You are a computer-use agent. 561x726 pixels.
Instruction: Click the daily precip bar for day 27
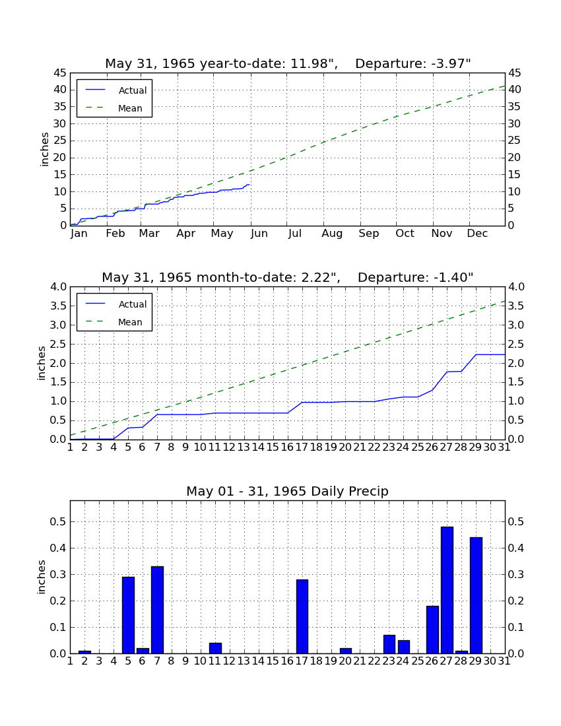[447, 590]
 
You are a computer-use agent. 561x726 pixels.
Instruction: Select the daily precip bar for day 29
[476, 595]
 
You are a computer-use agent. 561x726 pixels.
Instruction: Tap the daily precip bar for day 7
[157, 610]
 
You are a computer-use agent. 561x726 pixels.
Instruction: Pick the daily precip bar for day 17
[302, 616]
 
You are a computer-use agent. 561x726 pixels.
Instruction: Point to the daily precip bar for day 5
[128, 615]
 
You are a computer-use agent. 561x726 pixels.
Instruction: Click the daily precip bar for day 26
[432, 630]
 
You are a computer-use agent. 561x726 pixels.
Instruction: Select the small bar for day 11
[215, 648]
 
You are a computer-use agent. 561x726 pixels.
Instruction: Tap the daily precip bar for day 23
[389, 645]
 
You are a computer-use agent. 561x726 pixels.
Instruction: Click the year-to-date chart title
[288, 63]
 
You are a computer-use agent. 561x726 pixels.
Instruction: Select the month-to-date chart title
[288, 277]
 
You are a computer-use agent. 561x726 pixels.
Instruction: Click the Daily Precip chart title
[288, 491]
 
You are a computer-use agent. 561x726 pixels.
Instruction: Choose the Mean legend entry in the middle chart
[114, 322]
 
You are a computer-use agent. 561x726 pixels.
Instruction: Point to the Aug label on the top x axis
[332, 234]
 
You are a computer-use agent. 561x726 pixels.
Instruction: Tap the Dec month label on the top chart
[477, 234]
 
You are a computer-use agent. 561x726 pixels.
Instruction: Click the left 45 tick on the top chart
[61, 73]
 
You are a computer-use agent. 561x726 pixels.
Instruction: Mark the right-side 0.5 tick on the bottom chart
[515, 522]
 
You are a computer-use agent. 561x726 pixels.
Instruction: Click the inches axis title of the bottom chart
[42, 577]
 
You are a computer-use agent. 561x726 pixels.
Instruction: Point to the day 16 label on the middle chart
[287, 447]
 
